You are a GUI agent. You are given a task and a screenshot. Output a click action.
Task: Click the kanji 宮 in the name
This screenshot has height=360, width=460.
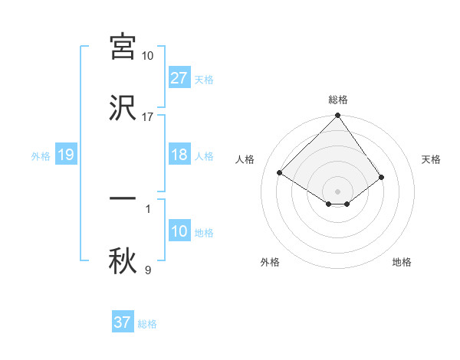[x=123, y=47]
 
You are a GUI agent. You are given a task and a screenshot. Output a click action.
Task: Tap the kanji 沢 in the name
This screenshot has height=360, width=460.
[x=123, y=109]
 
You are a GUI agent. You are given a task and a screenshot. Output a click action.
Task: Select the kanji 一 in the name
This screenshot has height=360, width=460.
[x=123, y=198]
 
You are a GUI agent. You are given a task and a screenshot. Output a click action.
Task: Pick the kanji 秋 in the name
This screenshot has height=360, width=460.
[x=123, y=261]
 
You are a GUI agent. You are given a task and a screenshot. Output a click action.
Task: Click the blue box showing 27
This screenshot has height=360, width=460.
[x=179, y=78]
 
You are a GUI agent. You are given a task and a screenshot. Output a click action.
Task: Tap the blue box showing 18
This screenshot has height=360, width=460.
[x=179, y=155]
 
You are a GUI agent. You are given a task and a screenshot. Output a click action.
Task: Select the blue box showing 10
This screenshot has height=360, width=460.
[x=179, y=231]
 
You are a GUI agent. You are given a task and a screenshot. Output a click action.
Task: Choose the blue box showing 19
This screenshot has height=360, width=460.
[x=65, y=155]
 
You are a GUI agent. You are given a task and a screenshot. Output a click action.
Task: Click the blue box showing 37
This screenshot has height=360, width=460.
[x=122, y=322]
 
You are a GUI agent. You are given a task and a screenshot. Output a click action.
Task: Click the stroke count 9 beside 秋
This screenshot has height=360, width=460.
[x=147, y=270]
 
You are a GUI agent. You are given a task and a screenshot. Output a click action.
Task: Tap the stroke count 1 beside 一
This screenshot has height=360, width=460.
[x=147, y=208]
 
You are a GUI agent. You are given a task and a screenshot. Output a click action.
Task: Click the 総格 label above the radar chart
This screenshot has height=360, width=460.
[x=338, y=100]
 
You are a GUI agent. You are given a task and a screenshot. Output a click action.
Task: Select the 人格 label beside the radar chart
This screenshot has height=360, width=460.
[x=246, y=159]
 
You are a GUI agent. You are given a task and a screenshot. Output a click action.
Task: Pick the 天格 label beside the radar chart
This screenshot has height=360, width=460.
[x=431, y=159]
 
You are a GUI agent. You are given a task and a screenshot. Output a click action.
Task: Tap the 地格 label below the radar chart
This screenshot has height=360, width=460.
[x=402, y=262]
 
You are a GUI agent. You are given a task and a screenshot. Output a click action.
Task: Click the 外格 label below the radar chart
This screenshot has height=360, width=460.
[x=270, y=262]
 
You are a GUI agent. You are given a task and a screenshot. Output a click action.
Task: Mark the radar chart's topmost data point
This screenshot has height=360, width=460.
[x=337, y=116]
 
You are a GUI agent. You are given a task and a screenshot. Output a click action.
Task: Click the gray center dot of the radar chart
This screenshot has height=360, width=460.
[x=337, y=190]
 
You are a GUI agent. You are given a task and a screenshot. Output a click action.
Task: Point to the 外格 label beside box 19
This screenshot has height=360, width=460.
[x=41, y=155]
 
